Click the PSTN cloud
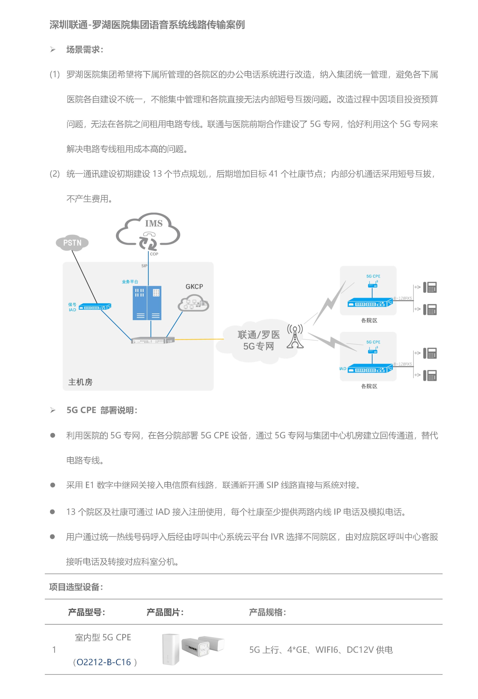tap(72, 243)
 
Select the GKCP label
tap(194, 287)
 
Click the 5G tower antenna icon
tap(295, 336)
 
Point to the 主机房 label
tap(80, 382)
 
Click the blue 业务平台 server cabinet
tap(147, 303)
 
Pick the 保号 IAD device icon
tap(95, 307)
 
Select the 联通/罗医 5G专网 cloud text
tap(259, 340)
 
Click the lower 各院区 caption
tap(369, 386)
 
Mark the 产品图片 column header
tap(165, 612)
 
